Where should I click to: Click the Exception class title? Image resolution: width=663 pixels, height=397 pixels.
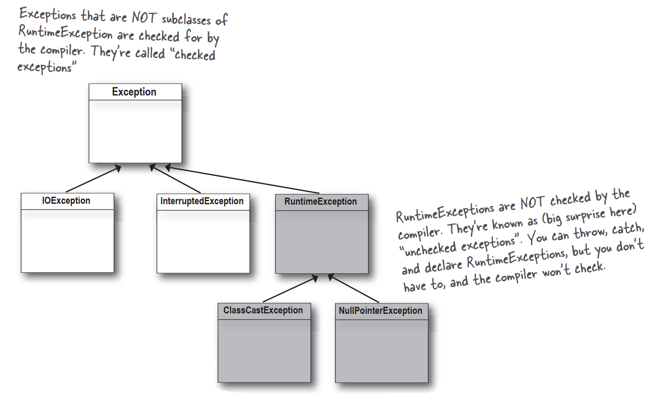pyautogui.click(x=134, y=92)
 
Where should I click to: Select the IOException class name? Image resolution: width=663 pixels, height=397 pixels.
pyautogui.click(x=66, y=201)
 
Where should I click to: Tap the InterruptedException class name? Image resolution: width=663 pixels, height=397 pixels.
pyautogui.click(x=202, y=201)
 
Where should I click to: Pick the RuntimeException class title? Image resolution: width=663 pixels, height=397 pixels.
pyautogui.click(x=320, y=202)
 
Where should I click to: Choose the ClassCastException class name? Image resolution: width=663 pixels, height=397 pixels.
pyautogui.click(x=263, y=310)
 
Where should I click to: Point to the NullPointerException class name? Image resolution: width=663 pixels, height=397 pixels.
pyautogui.click(x=381, y=311)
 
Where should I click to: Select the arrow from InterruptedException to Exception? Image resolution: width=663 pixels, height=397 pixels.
pyautogui.click(x=175, y=179)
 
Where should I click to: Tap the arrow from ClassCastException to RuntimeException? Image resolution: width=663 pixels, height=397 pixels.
pyautogui.click(x=290, y=289)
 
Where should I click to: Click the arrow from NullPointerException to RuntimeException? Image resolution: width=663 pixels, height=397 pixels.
pyautogui.click(x=354, y=289)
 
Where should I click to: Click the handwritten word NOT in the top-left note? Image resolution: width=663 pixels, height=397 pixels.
pyautogui.click(x=144, y=18)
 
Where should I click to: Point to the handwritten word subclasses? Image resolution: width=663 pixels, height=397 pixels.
pyautogui.click(x=186, y=20)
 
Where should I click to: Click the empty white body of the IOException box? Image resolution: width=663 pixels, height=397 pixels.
pyautogui.click(x=67, y=241)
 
